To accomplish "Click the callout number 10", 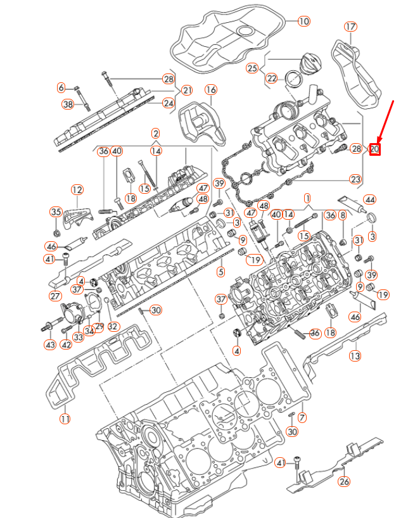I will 303,22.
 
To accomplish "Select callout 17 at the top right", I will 350,27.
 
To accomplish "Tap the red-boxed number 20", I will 374,149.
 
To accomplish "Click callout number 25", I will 253,68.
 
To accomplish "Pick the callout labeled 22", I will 272,79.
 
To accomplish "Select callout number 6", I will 61,87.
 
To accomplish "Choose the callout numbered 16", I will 210,90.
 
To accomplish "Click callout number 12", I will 77,189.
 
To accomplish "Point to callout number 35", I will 56,212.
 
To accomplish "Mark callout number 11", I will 65,419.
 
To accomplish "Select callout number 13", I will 355,356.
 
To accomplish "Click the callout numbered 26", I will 344,481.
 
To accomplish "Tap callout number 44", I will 369,200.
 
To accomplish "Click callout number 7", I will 302,417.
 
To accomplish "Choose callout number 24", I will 168,103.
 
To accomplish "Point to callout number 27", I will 55,295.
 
